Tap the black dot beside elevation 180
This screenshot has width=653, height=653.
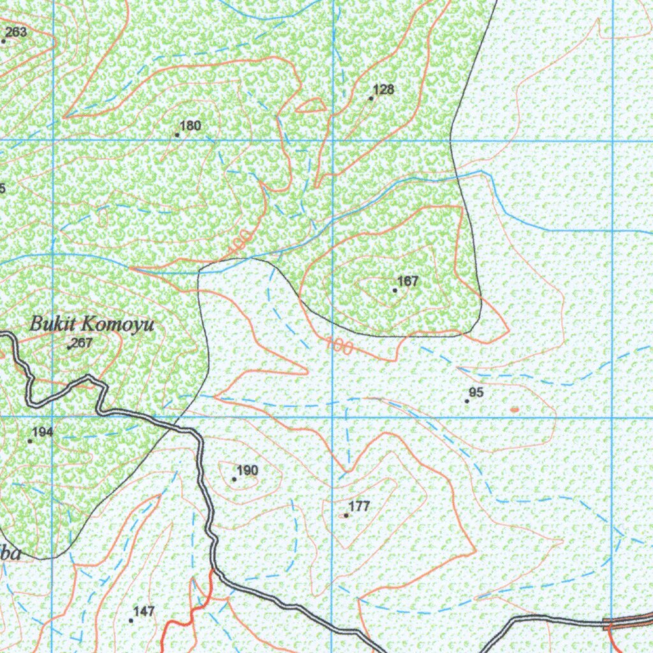coord(177,135)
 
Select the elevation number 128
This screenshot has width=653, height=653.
coord(384,89)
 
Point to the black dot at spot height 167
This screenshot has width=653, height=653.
coord(395,290)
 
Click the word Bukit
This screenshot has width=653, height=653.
coord(51,325)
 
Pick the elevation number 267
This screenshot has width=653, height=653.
coord(82,343)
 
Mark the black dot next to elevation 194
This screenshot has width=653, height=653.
coord(30,441)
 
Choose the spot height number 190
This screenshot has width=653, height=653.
coord(247,471)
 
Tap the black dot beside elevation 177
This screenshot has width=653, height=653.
coord(346,515)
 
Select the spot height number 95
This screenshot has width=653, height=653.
coord(476,393)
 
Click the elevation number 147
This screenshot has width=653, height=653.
coord(145,612)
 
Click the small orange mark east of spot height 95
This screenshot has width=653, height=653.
coord(515,409)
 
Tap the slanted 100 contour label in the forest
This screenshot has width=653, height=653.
coord(238,243)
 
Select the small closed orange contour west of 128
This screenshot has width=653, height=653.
coord(311,106)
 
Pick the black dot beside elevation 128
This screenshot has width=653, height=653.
coord(371,98)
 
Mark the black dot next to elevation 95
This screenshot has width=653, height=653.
coord(467,401)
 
